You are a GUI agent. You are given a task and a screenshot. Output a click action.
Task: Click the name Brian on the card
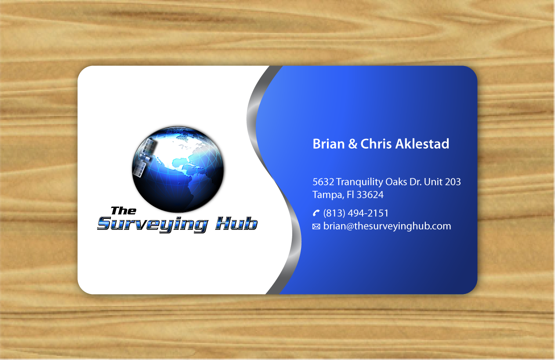click(x=329, y=144)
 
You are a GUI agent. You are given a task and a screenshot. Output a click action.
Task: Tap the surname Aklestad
click(x=422, y=144)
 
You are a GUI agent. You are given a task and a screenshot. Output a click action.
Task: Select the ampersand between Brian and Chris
click(x=352, y=144)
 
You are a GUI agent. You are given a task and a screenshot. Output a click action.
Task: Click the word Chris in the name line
click(x=376, y=144)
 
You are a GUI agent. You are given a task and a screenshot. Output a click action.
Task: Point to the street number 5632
click(x=323, y=182)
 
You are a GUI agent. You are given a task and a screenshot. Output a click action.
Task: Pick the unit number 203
click(x=453, y=182)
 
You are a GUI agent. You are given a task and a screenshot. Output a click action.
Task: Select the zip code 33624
click(x=370, y=195)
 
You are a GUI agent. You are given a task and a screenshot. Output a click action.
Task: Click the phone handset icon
click(x=316, y=213)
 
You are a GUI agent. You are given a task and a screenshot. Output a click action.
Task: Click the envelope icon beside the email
click(x=316, y=226)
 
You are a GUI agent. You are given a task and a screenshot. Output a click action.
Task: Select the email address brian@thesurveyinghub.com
click(x=387, y=226)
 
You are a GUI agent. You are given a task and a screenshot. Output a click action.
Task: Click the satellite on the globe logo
click(x=145, y=157)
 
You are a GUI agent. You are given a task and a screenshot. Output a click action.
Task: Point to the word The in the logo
click(x=123, y=211)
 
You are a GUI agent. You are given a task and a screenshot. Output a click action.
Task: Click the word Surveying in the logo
click(x=152, y=225)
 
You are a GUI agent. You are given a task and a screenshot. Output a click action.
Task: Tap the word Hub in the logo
click(x=236, y=223)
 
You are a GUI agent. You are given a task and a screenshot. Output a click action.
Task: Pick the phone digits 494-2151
click(x=368, y=213)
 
